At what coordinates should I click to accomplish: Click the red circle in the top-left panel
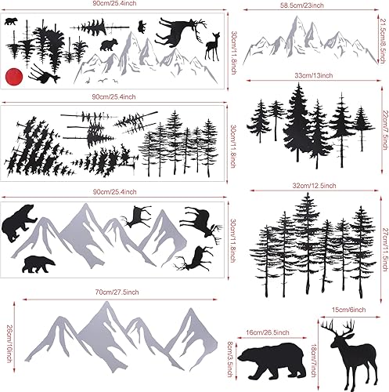tap(12, 75)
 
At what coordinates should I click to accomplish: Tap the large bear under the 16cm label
tap(268, 363)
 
